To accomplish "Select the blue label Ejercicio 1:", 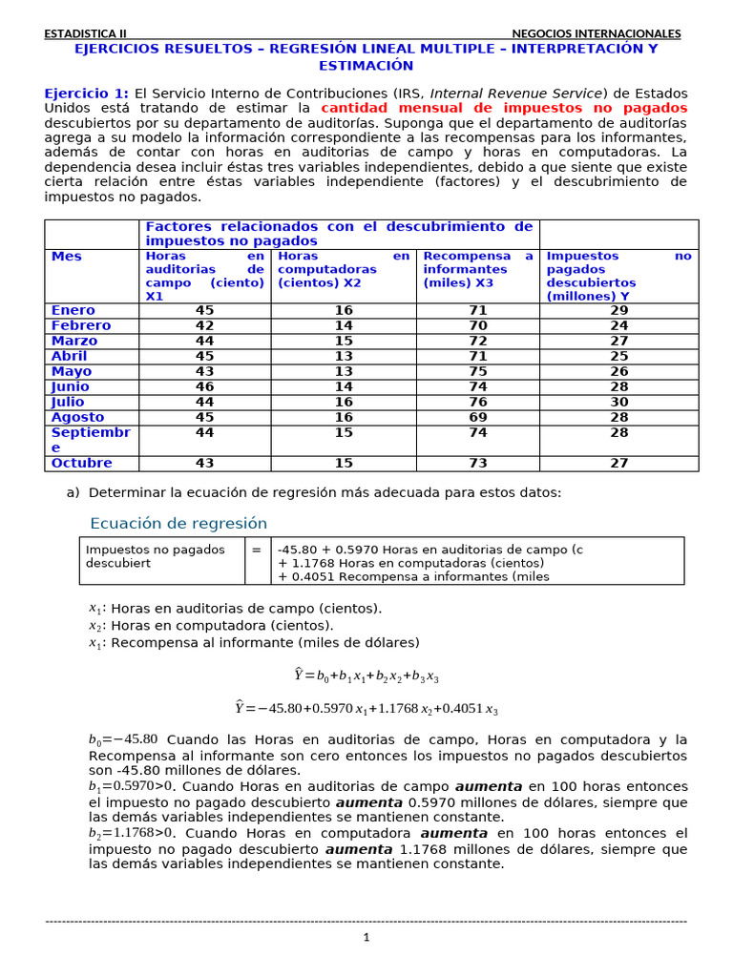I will tap(86, 94).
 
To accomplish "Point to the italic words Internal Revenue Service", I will tap(516, 94).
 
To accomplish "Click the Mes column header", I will tap(67, 257).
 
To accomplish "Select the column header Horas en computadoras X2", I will tap(344, 269).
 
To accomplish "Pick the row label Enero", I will tap(73, 310).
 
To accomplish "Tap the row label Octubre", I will tap(81, 463).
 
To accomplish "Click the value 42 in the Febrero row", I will tap(204, 325).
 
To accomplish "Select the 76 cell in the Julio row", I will tap(477, 402).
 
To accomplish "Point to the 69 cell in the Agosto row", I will tap(477, 417).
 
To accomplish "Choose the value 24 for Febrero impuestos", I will tap(618, 325).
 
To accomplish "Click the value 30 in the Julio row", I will tap(618, 402).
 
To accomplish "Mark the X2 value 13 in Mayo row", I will tap(344, 371).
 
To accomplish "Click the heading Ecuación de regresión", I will tap(178, 524).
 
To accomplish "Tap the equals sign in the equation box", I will tap(257, 550).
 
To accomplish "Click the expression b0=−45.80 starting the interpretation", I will tap(123, 739).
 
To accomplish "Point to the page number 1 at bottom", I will tap(366, 937).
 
